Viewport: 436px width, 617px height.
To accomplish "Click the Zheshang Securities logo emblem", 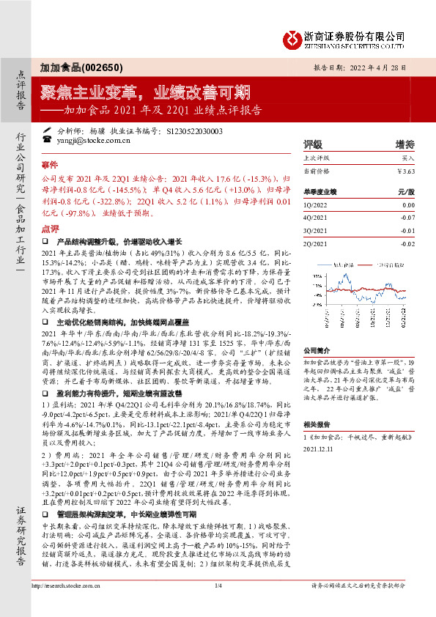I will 292,37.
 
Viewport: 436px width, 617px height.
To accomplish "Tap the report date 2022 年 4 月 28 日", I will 385,65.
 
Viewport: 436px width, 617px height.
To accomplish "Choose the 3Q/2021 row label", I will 316,231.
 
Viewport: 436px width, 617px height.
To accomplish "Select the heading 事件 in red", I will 49,166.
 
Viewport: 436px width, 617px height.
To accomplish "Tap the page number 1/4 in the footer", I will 218,605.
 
